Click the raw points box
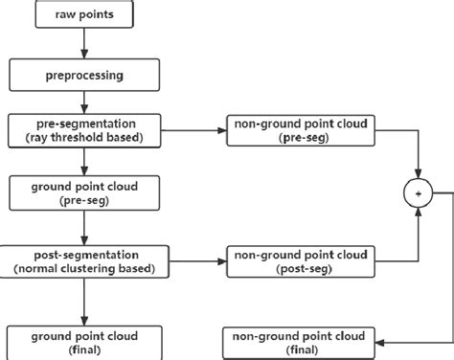tap(85, 15)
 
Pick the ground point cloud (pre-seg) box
tap(85, 192)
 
